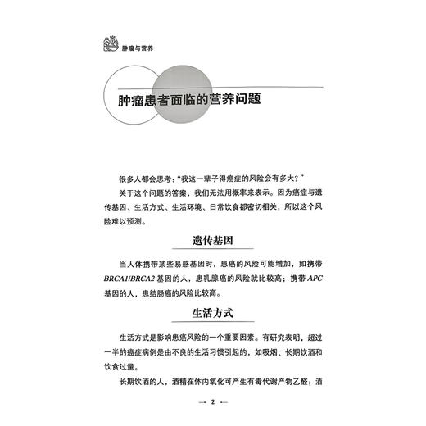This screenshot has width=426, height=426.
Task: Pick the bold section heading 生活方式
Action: pyautogui.click(x=212, y=315)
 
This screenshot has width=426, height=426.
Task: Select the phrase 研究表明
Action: pyautogui.click(x=284, y=338)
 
